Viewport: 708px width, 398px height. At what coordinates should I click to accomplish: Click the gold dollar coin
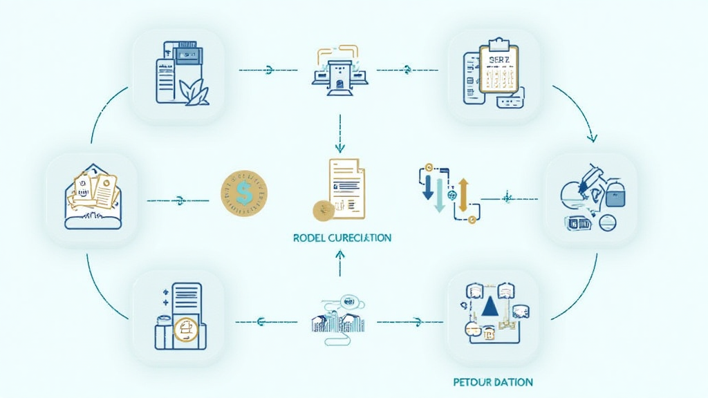(x=243, y=191)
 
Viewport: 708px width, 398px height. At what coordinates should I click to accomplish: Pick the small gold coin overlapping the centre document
(x=321, y=210)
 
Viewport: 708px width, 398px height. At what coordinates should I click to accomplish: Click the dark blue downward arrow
(x=428, y=185)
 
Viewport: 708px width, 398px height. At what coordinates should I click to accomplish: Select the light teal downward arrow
(x=438, y=196)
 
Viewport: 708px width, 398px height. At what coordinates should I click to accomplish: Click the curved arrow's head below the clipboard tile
(x=591, y=138)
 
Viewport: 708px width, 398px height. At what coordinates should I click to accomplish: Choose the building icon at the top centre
(x=339, y=70)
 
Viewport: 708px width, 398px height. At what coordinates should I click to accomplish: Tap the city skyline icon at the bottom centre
(x=339, y=320)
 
